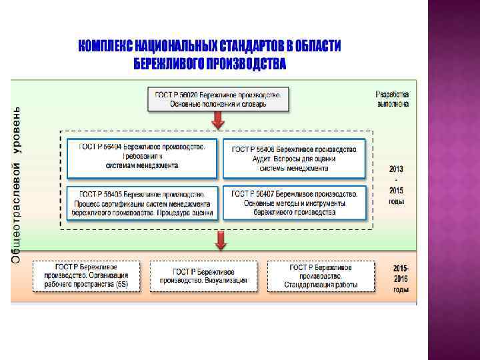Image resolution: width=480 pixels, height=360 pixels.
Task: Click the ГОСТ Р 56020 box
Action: tap(217, 99)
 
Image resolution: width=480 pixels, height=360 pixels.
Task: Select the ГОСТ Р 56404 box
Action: tap(142, 157)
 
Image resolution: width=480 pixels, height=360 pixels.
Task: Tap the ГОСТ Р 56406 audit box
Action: tap(294, 159)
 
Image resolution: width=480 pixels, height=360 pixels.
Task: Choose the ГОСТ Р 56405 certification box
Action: tap(142, 203)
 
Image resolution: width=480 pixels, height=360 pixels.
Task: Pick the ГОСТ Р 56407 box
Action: tap(294, 203)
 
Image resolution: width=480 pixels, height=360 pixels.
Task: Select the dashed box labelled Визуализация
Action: tap(203, 276)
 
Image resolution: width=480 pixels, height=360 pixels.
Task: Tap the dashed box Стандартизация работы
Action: tap(321, 276)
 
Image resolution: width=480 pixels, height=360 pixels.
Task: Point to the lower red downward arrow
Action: tap(218, 240)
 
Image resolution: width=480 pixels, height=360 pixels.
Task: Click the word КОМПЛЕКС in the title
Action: tap(105, 46)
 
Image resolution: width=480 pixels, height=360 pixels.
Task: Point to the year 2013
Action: tap(396, 169)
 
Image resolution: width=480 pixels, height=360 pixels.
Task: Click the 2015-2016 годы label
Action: tap(401, 279)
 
